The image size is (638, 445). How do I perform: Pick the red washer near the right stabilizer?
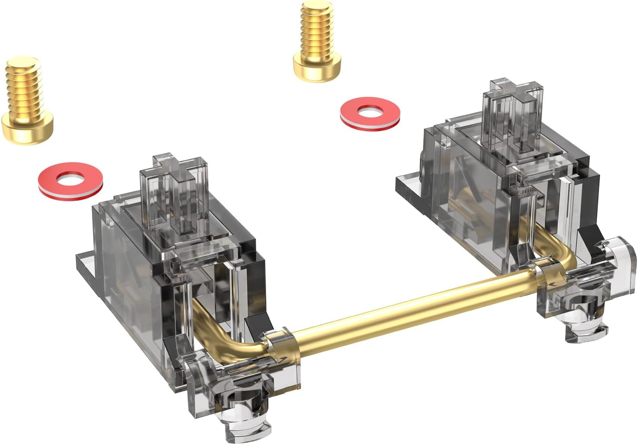(370, 112)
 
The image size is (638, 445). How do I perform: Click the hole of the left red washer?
(71, 179)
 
